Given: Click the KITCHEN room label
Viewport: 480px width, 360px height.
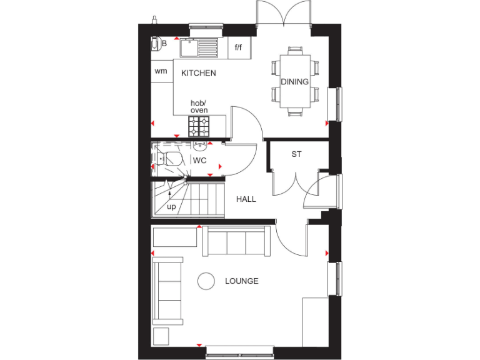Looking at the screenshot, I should tap(198, 73).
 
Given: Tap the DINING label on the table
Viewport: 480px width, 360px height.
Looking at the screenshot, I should tap(294, 81).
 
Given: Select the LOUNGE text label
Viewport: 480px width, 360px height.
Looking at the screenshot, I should tap(241, 281).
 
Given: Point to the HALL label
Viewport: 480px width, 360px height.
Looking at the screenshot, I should tap(246, 199).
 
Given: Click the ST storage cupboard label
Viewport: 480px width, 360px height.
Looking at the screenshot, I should tap(296, 154).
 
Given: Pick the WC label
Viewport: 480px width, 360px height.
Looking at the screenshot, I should tap(199, 161).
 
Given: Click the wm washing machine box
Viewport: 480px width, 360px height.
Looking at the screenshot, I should tap(161, 71).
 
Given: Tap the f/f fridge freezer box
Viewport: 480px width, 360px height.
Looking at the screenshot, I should tap(238, 47).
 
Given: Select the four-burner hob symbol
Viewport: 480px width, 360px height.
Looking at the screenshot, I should tap(199, 127).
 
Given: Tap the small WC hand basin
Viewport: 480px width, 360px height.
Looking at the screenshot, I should tap(199, 146).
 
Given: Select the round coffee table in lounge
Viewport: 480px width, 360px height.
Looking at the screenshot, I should tap(206, 282).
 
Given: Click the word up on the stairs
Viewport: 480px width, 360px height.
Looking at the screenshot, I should tap(171, 206).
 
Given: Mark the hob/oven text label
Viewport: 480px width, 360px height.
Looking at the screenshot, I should tap(199, 106).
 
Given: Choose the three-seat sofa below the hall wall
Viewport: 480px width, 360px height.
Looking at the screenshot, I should tap(237, 242).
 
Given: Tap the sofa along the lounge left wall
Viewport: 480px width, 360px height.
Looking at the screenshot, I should tap(169, 291).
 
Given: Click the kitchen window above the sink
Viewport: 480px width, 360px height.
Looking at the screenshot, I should tap(206, 26).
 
